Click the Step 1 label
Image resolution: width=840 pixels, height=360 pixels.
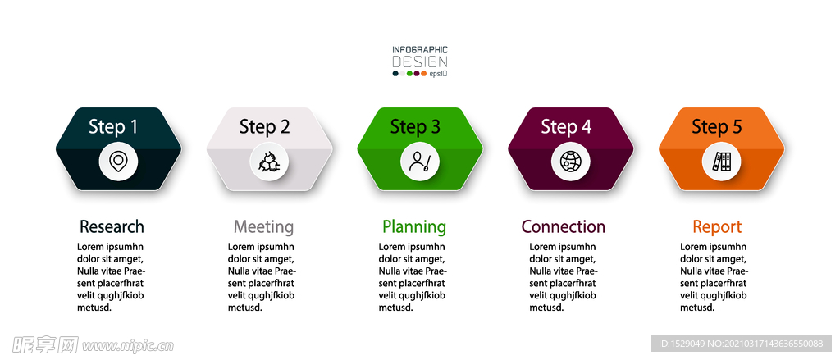click(113, 127)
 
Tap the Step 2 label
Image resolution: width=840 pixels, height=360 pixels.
click(264, 127)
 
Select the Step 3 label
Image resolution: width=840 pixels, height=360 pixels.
click(415, 127)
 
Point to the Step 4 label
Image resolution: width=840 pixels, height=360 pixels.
click(566, 127)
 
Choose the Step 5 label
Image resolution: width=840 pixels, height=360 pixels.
click(717, 127)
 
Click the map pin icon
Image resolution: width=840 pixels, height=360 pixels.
click(118, 161)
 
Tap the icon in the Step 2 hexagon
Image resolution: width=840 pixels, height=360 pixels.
click(269, 162)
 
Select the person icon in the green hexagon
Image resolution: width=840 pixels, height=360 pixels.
click(419, 162)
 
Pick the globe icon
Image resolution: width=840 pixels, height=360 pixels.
click(571, 162)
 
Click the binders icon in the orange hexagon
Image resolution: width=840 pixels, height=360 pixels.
click(722, 162)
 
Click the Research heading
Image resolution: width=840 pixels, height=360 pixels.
click(112, 226)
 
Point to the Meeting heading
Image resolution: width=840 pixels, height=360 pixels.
click(263, 227)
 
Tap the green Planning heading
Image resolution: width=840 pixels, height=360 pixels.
click(414, 227)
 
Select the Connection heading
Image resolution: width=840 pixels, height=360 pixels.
click(564, 226)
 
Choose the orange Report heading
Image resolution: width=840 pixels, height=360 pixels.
click(717, 227)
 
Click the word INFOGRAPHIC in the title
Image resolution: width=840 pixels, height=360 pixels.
click(420, 50)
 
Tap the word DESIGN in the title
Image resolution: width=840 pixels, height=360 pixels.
click(420, 62)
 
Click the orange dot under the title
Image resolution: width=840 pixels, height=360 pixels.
click(424, 73)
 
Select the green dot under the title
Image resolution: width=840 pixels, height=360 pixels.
click(410, 73)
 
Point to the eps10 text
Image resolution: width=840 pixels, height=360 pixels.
click(438, 74)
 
